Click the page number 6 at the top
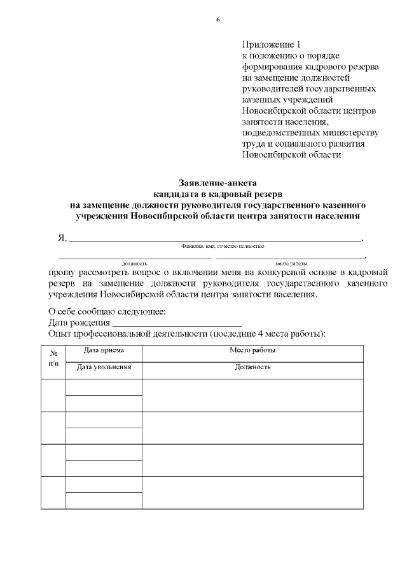point(217,20)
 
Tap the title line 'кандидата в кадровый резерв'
point(217,194)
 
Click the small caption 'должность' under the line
point(135,263)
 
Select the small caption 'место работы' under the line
point(291,263)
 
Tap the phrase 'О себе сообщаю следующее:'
point(107,311)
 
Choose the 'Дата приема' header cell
point(104,350)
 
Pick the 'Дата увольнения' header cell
point(104,367)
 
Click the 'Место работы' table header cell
point(252,350)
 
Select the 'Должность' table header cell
point(252,367)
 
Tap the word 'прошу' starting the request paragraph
point(61,272)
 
